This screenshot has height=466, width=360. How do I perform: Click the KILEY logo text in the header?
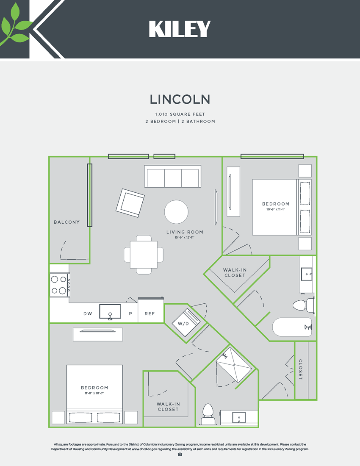point(180,29)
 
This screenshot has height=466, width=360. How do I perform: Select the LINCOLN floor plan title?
point(180,99)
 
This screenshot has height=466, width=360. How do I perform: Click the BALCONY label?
point(66,222)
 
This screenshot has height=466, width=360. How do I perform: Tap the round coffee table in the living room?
point(176,211)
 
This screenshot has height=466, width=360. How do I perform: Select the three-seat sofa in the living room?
point(172,176)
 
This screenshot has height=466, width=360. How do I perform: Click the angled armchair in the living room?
point(130,203)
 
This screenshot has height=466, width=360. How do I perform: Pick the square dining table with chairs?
point(144,255)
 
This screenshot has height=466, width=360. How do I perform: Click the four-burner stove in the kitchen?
point(60,285)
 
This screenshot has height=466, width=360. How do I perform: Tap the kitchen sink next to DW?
point(110,311)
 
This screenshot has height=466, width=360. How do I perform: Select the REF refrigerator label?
point(150,314)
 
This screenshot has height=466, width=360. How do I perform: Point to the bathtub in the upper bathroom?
point(292,327)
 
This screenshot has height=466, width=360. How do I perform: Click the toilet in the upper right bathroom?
point(301,305)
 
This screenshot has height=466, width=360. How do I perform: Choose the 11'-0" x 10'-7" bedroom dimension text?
point(94,393)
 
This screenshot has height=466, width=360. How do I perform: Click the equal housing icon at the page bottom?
point(180,455)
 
